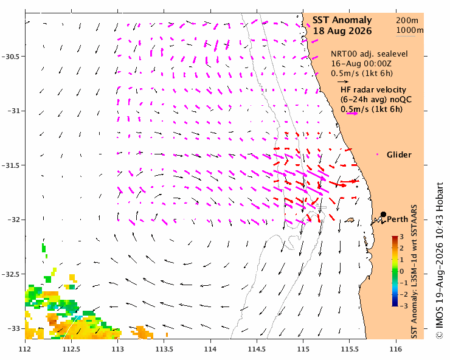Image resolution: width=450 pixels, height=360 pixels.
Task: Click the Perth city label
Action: pyautogui.click(x=398, y=220)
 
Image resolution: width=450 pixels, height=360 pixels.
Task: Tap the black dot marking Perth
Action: pyautogui.click(x=383, y=214)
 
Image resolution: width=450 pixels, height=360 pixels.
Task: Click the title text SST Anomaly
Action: pyautogui.click(x=342, y=20)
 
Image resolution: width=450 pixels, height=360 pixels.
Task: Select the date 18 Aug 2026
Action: pyautogui.click(x=342, y=31)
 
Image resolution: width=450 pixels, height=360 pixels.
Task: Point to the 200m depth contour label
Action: pyautogui.click(x=407, y=21)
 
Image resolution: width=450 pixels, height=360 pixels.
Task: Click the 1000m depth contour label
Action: pyautogui.click(x=410, y=30)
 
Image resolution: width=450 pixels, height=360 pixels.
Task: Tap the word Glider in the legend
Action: pyautogui.click(x=399, y=154)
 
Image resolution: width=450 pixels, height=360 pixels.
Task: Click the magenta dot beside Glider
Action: pyautogui.click(x=377, y=154)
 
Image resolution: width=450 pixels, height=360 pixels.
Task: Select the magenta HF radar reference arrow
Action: pyautogui.click(x=352, y=114)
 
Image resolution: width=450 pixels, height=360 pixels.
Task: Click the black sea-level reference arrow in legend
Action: pyautogui.click(x=343, y=81)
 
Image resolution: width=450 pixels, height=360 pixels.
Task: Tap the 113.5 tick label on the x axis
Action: pyautogui.click(x=164, y=350)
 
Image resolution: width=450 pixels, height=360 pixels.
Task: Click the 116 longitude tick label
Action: pyautogui.click(x=396, y=350)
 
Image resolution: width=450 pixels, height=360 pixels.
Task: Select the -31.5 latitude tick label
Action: pyautogui.click(x=11, y=165)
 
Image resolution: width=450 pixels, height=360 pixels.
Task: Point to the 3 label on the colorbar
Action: pyautogui.click(x=401, y=237)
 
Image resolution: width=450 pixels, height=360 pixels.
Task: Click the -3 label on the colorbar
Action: pyautogui.click(x=404, y=306)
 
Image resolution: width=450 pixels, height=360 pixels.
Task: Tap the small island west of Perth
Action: pyautogui.click(x=349, y=220)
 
